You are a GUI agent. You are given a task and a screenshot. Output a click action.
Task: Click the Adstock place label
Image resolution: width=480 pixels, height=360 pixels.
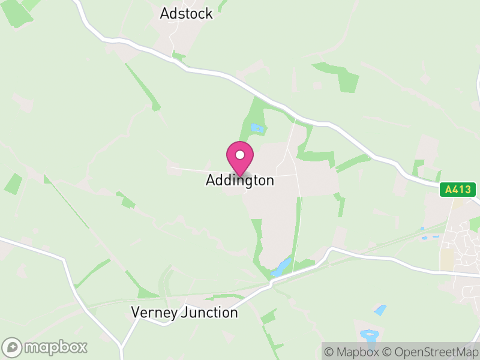point(186,13)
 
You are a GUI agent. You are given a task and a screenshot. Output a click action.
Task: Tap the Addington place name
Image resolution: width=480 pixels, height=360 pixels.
point(240,180)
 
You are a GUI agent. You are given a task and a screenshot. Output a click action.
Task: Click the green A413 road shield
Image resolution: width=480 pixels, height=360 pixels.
point(457,190)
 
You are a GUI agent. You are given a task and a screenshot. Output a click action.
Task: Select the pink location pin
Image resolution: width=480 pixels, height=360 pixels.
point(240,158)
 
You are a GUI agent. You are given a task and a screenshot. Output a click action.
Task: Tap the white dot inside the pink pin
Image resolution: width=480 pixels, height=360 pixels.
point(240,155)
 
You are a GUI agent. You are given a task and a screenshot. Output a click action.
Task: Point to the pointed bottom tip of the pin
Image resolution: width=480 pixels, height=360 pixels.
point(240,175)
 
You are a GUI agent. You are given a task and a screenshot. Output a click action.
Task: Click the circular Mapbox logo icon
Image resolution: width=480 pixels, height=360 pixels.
point(13,347)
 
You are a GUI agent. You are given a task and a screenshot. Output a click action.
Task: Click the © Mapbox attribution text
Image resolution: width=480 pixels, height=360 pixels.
point(352,352)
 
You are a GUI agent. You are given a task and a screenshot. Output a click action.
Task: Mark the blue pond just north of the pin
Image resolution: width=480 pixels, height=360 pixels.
point(257,128)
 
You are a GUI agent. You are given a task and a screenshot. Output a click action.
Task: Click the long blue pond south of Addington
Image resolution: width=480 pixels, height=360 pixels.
point(281,267)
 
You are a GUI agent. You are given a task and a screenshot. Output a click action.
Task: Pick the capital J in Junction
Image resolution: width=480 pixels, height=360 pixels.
point(184,313)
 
